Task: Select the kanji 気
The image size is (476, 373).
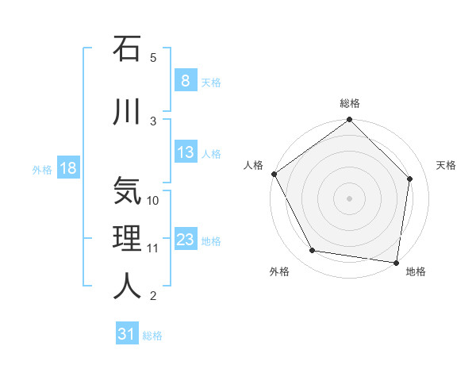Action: [x=127, y=191]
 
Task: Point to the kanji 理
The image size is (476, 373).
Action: [x=127, y=239]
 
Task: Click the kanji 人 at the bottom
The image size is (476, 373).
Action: [x=127, y=286]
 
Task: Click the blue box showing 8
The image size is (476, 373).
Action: [x=185, y=81]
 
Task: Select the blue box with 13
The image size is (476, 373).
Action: [x=185, y=152]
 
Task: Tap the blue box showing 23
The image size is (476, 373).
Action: [x=185, y=240]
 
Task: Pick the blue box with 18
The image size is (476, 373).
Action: [x=67, y=168]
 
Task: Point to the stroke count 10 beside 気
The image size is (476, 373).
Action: [x=154, y=200]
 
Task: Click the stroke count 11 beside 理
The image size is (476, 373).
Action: [x=154, y=248]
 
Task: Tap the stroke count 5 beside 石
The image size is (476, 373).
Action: [x=153, y=57]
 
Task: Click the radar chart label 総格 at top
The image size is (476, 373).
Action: [x=350, y=103]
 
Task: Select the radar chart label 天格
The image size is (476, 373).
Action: [x=446, y=165]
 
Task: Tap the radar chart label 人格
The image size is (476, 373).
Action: [x=253, y=165]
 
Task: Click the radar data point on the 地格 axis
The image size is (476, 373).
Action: [x=396, y=261]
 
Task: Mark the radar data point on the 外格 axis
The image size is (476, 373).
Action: [x=313, y=251]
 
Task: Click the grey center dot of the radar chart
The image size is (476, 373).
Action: [x=349, y=198]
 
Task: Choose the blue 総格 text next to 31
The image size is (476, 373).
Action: [x=152, y=336]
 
